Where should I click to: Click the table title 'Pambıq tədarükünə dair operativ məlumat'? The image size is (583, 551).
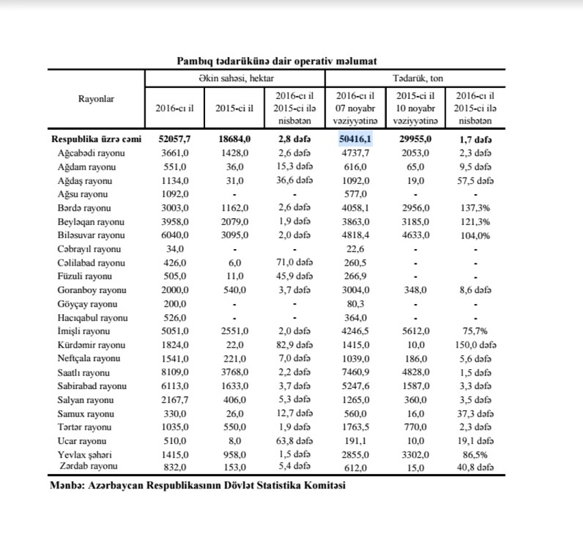click(276, 61)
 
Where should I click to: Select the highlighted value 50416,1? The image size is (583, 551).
click(355, 139)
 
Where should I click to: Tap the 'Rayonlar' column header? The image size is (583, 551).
click(97, 99)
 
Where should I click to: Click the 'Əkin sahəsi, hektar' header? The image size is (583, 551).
click(235, 79)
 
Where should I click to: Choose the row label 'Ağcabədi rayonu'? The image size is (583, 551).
click(91, 153)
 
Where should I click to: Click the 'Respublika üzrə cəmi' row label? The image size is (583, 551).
click(97, 139)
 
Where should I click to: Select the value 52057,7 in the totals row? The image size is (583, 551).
click(174, 139)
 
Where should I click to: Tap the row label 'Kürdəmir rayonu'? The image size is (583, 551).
click(91, 345)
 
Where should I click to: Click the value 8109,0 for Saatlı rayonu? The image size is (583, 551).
click(174, 373)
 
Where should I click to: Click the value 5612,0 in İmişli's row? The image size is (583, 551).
click(416, 331)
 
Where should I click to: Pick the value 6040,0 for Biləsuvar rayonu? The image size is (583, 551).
click(174, 235)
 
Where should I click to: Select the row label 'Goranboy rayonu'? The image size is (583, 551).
click(92, 290)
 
